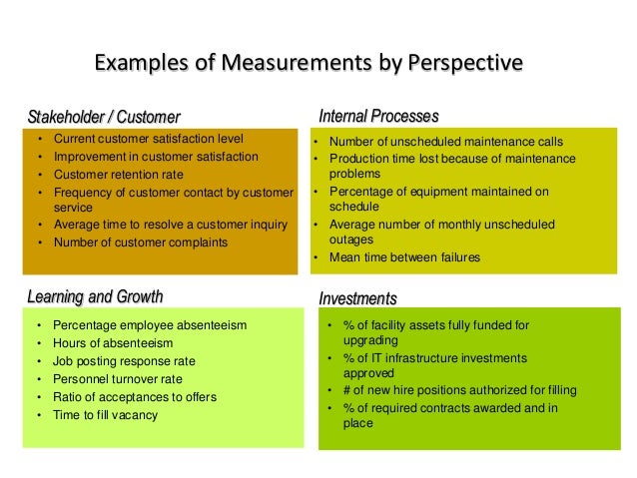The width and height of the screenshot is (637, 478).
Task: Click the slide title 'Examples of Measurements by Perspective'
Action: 308,64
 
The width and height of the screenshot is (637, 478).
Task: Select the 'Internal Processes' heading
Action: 378,117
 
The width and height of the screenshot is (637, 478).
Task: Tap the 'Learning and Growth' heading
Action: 95,296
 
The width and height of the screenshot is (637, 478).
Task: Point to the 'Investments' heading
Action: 357,298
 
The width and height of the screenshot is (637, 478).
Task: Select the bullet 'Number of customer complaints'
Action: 140,241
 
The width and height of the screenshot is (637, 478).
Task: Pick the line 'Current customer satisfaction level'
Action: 149,139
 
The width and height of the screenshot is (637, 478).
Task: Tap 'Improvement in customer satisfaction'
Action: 156,157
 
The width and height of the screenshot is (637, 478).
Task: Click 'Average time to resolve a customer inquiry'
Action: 171,224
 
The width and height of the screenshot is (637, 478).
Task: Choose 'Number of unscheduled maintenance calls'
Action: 446,142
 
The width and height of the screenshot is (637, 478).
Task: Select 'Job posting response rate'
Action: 124,361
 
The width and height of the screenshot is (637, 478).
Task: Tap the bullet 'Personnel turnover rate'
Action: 118,379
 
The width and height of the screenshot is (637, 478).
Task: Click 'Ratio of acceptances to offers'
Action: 135,397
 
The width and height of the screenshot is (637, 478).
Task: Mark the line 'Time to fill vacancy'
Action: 105,415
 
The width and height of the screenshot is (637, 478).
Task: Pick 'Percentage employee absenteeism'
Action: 150,325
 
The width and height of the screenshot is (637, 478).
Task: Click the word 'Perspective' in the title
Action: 462,64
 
